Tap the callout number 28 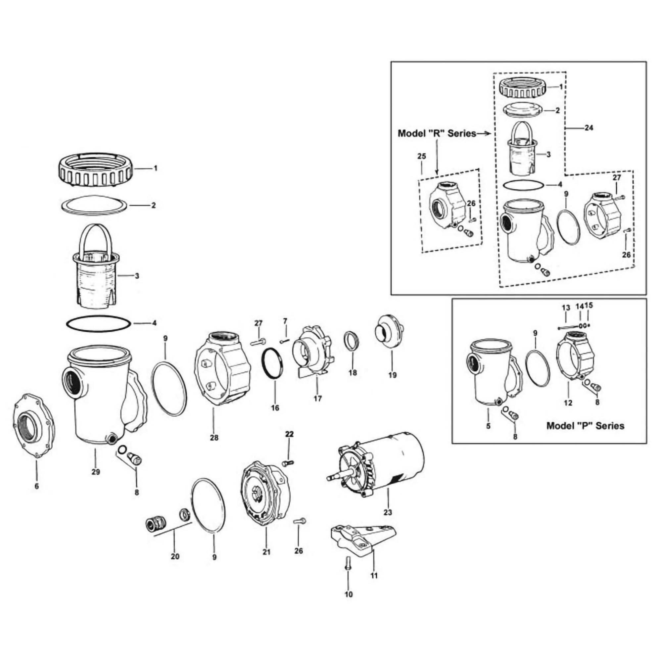tap(214, 438)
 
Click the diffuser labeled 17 tap(311, 353)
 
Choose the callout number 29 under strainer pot tap(96, 472)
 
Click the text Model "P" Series tap(585, 426)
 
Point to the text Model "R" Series tap(437, 134)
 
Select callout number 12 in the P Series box tap(568, 403)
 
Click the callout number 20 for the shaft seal tap(175, 566)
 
